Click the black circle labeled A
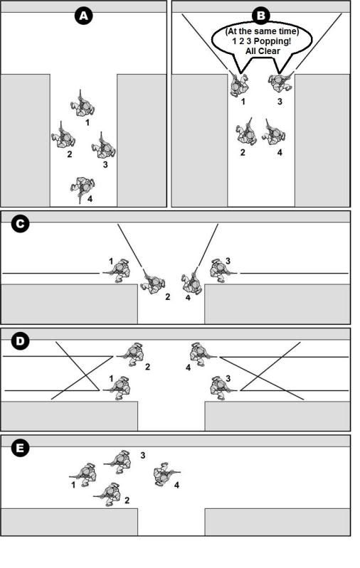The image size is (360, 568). [84, 16]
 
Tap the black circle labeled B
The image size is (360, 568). [261, 16]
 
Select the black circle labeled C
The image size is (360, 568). [20, 224]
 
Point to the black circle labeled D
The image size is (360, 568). [20, 341]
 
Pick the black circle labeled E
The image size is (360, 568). [20, 448]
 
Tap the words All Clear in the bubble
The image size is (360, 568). [263, 51]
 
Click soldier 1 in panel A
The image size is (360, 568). [83, 105]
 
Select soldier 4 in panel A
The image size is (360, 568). [83, 188]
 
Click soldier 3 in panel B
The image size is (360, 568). [281, 82]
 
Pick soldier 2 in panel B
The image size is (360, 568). [247, 132]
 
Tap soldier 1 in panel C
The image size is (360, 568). [117, 271]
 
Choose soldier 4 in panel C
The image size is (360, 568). [191, 282]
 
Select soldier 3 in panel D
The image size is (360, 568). [222, 388]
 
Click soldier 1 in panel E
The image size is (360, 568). [84, 474]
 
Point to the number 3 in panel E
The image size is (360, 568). [143, 456]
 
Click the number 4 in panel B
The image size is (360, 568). [280, 153]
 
